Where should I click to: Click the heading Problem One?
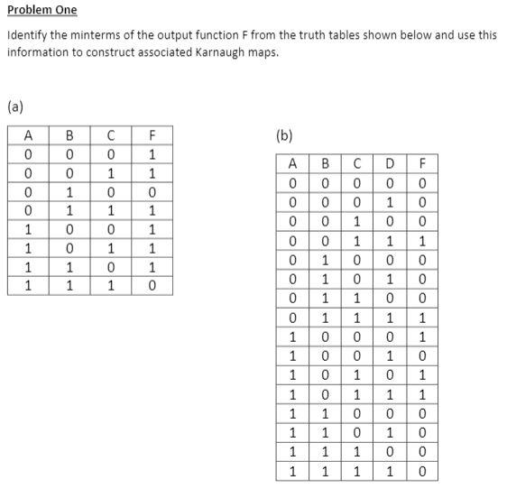pyautogui.click(x=42, y=10)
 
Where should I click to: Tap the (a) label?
pyautogui.click(x=15, y=106)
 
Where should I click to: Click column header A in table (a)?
pyautogui.click(x=29, y=135)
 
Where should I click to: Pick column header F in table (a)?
pyautogui.click(x=152, y=135)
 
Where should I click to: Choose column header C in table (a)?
pyautogui.click(x=110, y=135)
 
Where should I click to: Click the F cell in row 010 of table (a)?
pyautogui.click(x=152, y=192)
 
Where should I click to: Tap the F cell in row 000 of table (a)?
pyautogui.click(x=152, y=154)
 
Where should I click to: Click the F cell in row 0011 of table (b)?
pyautogui.click(x=422, y=241)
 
